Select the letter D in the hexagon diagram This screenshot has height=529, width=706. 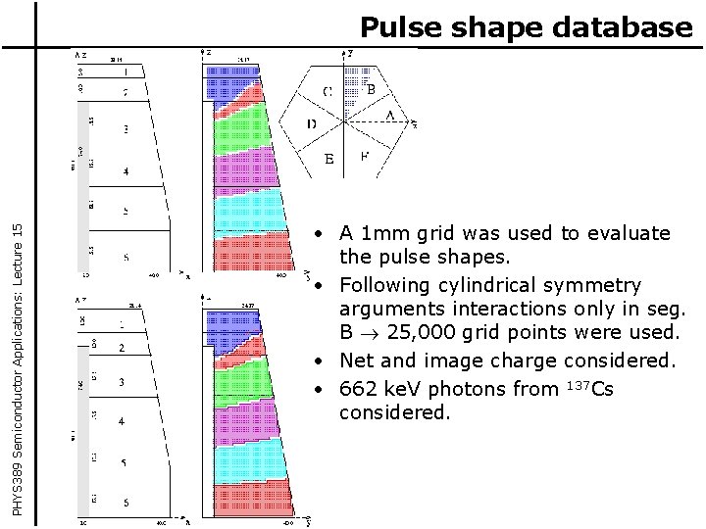(311, 124)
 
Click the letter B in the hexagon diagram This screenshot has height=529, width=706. (370, 88)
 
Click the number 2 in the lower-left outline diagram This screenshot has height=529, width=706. (122, 348)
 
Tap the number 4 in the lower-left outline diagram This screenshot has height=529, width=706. (122, 421)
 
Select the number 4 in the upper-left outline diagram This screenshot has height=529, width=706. (125, 171)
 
